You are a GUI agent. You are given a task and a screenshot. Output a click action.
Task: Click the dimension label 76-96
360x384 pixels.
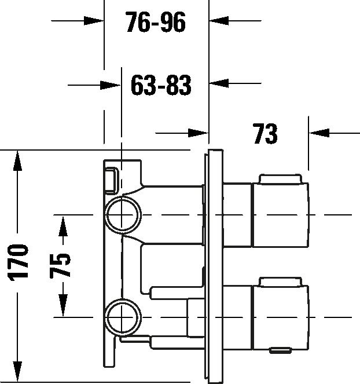point(156,22)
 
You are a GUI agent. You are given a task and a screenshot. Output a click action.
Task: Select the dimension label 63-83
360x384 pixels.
point(161,85)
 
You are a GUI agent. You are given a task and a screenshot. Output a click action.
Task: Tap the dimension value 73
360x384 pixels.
point(265,134)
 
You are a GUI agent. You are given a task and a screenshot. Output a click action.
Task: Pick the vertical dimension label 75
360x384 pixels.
point(60,265)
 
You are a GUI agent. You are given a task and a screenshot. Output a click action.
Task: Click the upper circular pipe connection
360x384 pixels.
point(123,214)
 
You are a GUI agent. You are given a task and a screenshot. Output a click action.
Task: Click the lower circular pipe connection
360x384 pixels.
point(123,317)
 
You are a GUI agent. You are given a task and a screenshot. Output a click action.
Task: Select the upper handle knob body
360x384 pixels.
point(280,214)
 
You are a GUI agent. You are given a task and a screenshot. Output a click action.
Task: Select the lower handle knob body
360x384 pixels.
point(280,317)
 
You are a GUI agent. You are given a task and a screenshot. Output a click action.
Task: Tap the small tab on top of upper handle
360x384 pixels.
point(280,178)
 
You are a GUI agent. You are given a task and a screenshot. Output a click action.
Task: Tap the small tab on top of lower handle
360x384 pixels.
point(280,281)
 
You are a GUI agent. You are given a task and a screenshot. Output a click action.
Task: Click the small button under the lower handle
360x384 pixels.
point(281,350)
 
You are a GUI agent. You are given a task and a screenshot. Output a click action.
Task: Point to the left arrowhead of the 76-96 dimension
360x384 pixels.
point(94,21)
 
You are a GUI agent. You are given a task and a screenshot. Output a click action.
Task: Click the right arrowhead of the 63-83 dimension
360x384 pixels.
point(219,83)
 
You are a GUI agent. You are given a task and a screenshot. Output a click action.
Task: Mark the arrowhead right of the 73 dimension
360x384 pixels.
point(319,133)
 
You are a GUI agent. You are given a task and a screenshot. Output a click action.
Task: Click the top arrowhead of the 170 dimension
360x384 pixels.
point(17,160)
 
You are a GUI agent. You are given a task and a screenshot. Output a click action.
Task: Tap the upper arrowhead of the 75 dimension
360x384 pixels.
point(63,226)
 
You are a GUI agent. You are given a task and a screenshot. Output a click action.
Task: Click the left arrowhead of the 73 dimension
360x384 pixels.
point(198,133)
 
